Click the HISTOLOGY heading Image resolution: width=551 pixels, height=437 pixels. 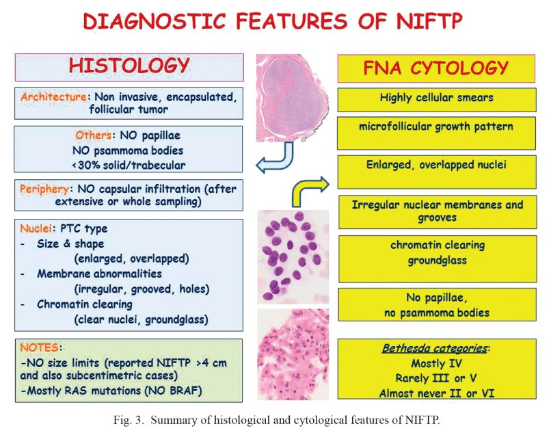129,66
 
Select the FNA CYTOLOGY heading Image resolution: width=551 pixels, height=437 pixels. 435,68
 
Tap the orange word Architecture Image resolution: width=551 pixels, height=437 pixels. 53,96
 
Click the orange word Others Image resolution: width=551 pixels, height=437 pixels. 93,135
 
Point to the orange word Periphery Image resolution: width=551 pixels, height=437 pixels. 44,189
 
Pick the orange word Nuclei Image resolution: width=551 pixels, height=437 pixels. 36,228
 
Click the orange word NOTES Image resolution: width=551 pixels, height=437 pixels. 40,347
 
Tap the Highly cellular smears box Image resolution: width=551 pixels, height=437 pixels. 437,101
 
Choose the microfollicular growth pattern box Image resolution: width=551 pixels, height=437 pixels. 436,133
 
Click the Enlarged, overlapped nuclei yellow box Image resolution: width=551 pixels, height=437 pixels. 437,172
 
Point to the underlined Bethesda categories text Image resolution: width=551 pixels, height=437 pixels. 435,348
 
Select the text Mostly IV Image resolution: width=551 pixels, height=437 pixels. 436,363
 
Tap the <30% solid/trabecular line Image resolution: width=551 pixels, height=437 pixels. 129,165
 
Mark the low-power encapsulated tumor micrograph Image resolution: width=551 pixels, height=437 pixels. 293,98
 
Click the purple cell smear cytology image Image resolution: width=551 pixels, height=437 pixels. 293,257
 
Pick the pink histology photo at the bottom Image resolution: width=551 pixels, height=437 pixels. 293,354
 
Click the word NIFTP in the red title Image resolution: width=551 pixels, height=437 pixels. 429,21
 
